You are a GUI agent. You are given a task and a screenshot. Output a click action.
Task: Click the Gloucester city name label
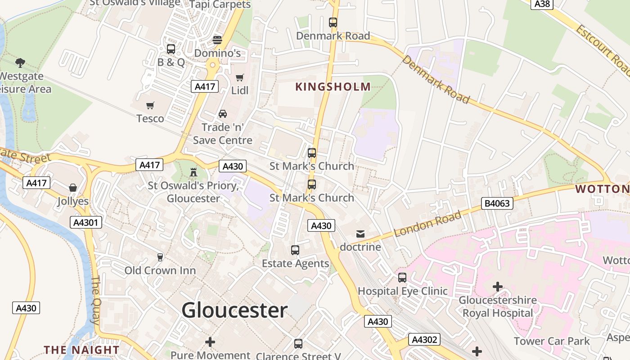(x=234, y=310)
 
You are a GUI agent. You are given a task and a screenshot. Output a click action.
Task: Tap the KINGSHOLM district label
(x=333, y=87)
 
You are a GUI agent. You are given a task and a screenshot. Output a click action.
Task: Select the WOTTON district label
(x=602, y=189)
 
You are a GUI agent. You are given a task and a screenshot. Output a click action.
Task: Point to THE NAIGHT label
(x=81, y=350)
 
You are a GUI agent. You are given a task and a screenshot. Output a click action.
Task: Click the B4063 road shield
(x=497, y=203)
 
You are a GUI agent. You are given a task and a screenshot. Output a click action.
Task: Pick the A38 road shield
(x=542, y=4)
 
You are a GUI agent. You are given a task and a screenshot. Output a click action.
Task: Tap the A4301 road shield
(x=86, y=222)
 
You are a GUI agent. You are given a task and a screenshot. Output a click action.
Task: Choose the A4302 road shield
(x=424, y=339)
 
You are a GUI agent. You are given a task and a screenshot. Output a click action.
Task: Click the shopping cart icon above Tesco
(x=150, y=105)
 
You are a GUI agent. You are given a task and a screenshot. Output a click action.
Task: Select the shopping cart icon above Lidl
(x=240, y=78)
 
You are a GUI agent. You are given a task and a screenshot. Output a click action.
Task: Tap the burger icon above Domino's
(x=217, y=40)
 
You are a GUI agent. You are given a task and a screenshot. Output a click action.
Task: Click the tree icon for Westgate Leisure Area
(x=20, y=63)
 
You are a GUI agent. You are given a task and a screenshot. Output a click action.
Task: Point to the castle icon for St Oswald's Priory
(x=193, y=172)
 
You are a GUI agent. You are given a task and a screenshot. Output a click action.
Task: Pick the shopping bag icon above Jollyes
(x=73, y=187)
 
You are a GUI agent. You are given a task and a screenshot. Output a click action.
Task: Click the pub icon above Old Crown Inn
(x=160, y=257)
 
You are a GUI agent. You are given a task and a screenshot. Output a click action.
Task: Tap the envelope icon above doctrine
(x=360, y=234)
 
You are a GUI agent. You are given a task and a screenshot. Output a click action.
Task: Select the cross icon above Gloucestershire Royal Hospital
(x=497, y=286)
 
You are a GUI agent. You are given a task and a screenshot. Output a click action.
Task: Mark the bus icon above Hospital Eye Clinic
(x=402, y=277)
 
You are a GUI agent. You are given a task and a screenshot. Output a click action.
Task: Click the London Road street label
(x=427, y=224)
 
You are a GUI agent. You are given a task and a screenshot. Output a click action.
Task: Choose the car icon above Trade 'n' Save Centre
(x=222, y=114)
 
